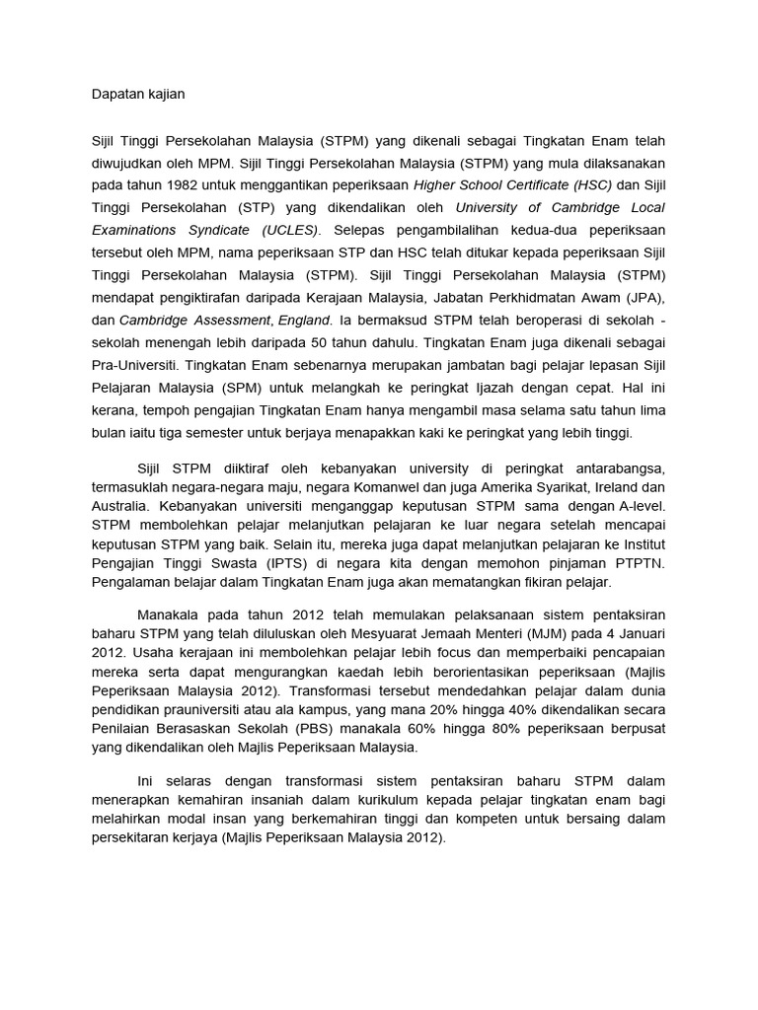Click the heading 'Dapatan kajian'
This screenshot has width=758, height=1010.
(x=137, y=94)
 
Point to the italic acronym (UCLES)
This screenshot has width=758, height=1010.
(x=289, y=230)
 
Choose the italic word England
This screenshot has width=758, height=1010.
(x=304, y=320)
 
